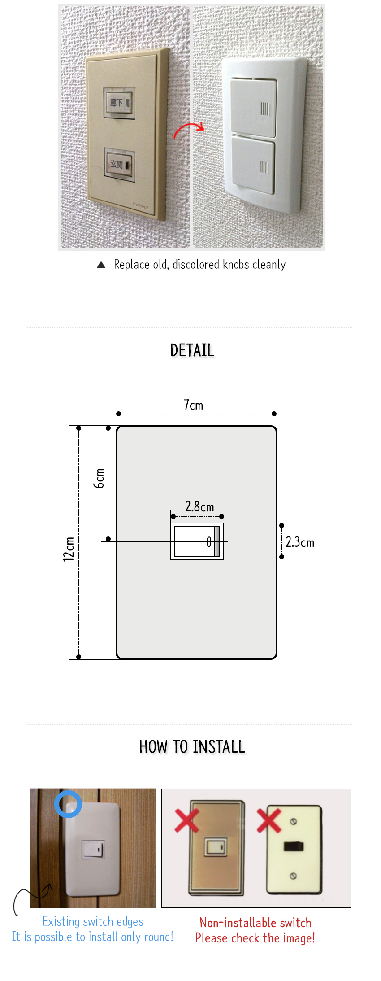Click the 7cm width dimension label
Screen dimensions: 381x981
pyautogui.click(x=193, y=405)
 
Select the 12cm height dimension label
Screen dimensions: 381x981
pyautogui.click(x=68, y=549)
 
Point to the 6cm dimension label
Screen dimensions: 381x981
pyautogui.click(x=99, y=478)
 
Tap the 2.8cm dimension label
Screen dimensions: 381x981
pyautogui.click(x=199, y=506)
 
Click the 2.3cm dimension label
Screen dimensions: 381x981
pyautogui.click(x=300, y=542)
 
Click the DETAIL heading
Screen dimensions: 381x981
pyautogui.click(x=192, y=350)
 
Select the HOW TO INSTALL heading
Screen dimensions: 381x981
pyautogui.click(x=192, y=747)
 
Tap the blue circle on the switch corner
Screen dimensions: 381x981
pyautogui.click(x=68, y=804)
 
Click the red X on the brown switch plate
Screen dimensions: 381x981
pyautogui.click(x=186, y=820)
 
